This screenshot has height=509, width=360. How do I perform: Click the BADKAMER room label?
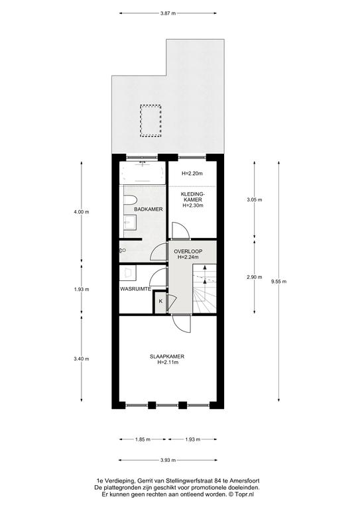pos(149,209)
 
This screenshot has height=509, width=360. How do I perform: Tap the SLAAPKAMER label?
pos(167,357)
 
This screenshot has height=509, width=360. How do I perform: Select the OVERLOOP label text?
pos(188,251)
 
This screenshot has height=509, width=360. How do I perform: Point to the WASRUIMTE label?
pos(135,289)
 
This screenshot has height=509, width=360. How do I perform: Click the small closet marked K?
pos(160,302)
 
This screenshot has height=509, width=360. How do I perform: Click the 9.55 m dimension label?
pos(279,282)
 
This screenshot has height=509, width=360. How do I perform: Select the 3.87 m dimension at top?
pos(168,13)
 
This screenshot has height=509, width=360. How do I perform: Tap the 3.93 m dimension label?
pos(168,460)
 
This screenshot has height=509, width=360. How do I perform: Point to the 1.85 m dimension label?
pos(143,439)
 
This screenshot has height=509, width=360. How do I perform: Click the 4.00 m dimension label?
pos(81,211)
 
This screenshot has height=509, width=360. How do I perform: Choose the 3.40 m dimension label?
pos(81,359)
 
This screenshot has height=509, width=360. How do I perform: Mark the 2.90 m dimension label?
pos(254,277)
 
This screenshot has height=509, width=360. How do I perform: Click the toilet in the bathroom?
pos(131,201)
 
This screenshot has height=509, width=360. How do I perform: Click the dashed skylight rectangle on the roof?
pos(150,120)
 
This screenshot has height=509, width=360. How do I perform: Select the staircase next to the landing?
pos(204,288)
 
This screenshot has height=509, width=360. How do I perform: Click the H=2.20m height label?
pos(192,174)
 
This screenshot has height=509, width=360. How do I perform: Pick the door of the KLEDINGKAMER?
pos(180,231)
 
